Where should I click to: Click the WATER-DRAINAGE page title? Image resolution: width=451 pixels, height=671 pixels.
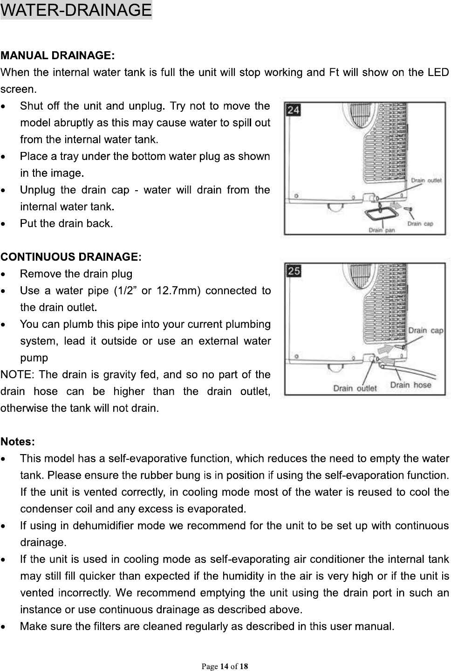coord(76,10)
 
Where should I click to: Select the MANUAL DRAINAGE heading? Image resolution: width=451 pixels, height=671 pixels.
coord(57,56)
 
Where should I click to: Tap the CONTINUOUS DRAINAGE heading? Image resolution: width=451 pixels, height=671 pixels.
coord(70,256)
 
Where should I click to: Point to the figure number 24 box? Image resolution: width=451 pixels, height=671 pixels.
coord(294,110)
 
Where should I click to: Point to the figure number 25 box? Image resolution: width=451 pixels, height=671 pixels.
coord(294,270)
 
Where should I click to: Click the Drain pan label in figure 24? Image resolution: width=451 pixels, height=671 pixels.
coord(381,229)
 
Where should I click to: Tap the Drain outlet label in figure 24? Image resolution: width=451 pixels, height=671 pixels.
coord(426,180)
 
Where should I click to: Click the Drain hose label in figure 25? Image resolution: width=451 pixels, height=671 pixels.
coord(410,385)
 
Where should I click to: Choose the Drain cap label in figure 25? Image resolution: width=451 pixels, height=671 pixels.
coord(425,330)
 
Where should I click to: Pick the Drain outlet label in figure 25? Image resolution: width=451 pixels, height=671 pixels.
coord(355,388)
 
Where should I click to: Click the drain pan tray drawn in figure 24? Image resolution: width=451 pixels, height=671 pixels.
coord(382,215)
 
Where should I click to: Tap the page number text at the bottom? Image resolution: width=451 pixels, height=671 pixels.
coord(225,666)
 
